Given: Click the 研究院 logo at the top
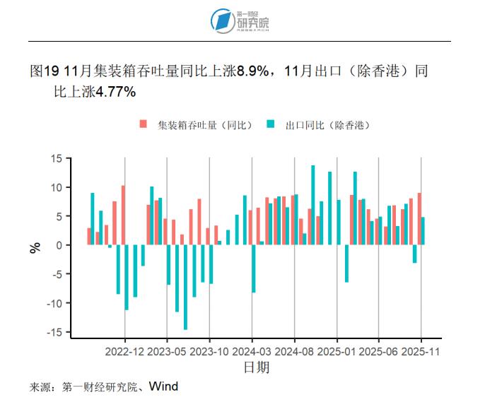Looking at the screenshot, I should pos(242,20).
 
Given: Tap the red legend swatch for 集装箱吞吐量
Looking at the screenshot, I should pos(144,124).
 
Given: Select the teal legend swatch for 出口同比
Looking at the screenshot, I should pos(271,124).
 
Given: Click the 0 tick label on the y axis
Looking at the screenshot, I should pos(59,245).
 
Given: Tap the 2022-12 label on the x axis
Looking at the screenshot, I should pos(125,350).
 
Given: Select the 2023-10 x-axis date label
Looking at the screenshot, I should pos(210,350).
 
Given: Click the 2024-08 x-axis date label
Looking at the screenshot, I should pos(295,350).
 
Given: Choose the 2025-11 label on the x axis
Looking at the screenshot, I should pos(421,350).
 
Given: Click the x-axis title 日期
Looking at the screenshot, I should pos(256,367).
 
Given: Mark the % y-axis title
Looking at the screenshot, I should pos(35,247).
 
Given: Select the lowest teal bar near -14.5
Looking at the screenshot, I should pos(185,287).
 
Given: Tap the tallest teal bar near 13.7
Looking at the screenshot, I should pos(313,205).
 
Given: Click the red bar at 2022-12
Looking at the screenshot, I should pos(123,215).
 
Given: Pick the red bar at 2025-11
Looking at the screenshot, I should pos(419,219).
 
